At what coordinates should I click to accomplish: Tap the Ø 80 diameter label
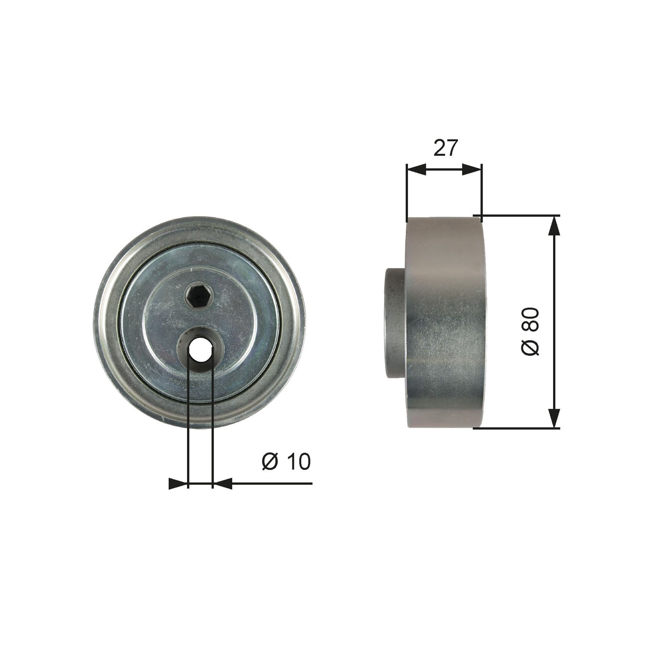pyautogui.click(x=530, y=332)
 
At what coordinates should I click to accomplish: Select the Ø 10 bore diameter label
pyautogui.click(x=286, y=462)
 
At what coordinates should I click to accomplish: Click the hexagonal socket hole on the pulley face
pyautogui.click(x=198, y=295)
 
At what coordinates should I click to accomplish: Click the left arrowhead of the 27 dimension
pyautogui.click(x=416, y=169)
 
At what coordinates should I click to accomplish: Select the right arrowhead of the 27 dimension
pyautogui.click(x=472, y=169)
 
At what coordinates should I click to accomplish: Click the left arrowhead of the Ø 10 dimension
pyautogui.click(x=178, y=483)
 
